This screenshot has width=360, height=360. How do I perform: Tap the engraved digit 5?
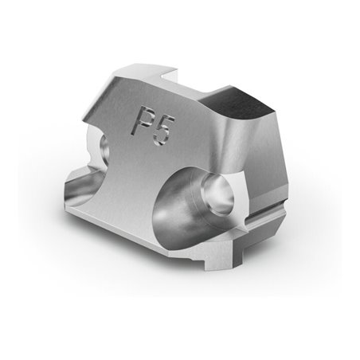[163, 131]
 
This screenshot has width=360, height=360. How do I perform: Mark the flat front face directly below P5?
[155, 159]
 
